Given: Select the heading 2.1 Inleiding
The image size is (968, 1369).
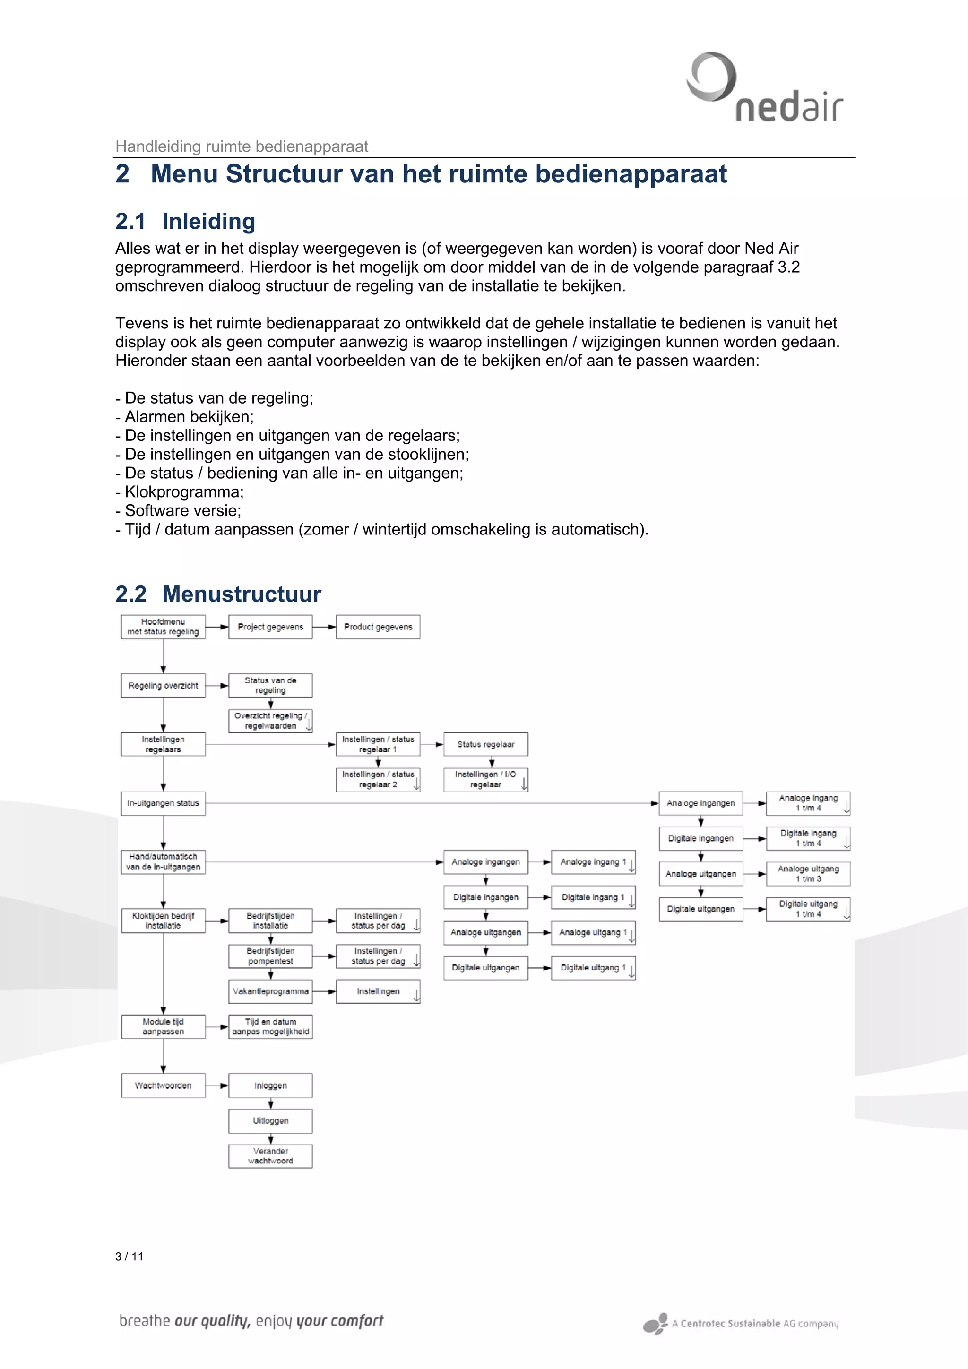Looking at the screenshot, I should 185,221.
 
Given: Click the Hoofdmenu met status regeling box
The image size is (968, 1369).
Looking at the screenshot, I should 163,627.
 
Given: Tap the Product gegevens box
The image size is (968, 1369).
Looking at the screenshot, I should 378,627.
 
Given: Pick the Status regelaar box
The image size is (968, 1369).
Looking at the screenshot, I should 485,744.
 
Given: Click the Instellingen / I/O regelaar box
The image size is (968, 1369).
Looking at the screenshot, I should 485,779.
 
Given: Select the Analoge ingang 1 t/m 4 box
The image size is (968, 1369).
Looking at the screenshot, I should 808,803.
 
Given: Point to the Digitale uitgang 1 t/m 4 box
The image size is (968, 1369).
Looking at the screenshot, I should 808,909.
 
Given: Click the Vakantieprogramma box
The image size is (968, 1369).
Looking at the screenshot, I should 270,991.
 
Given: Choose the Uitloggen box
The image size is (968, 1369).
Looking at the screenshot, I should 270,1120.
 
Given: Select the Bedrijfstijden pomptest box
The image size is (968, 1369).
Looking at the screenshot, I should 270,956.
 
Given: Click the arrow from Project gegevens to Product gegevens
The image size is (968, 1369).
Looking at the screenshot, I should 324,627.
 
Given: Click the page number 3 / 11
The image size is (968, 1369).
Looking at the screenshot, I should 130,1257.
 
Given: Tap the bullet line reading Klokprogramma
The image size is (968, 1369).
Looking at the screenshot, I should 180,492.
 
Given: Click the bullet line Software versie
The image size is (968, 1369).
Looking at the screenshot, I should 178,510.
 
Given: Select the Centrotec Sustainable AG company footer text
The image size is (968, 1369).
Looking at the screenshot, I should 754,1323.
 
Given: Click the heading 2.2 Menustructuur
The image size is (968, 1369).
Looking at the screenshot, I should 218,594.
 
